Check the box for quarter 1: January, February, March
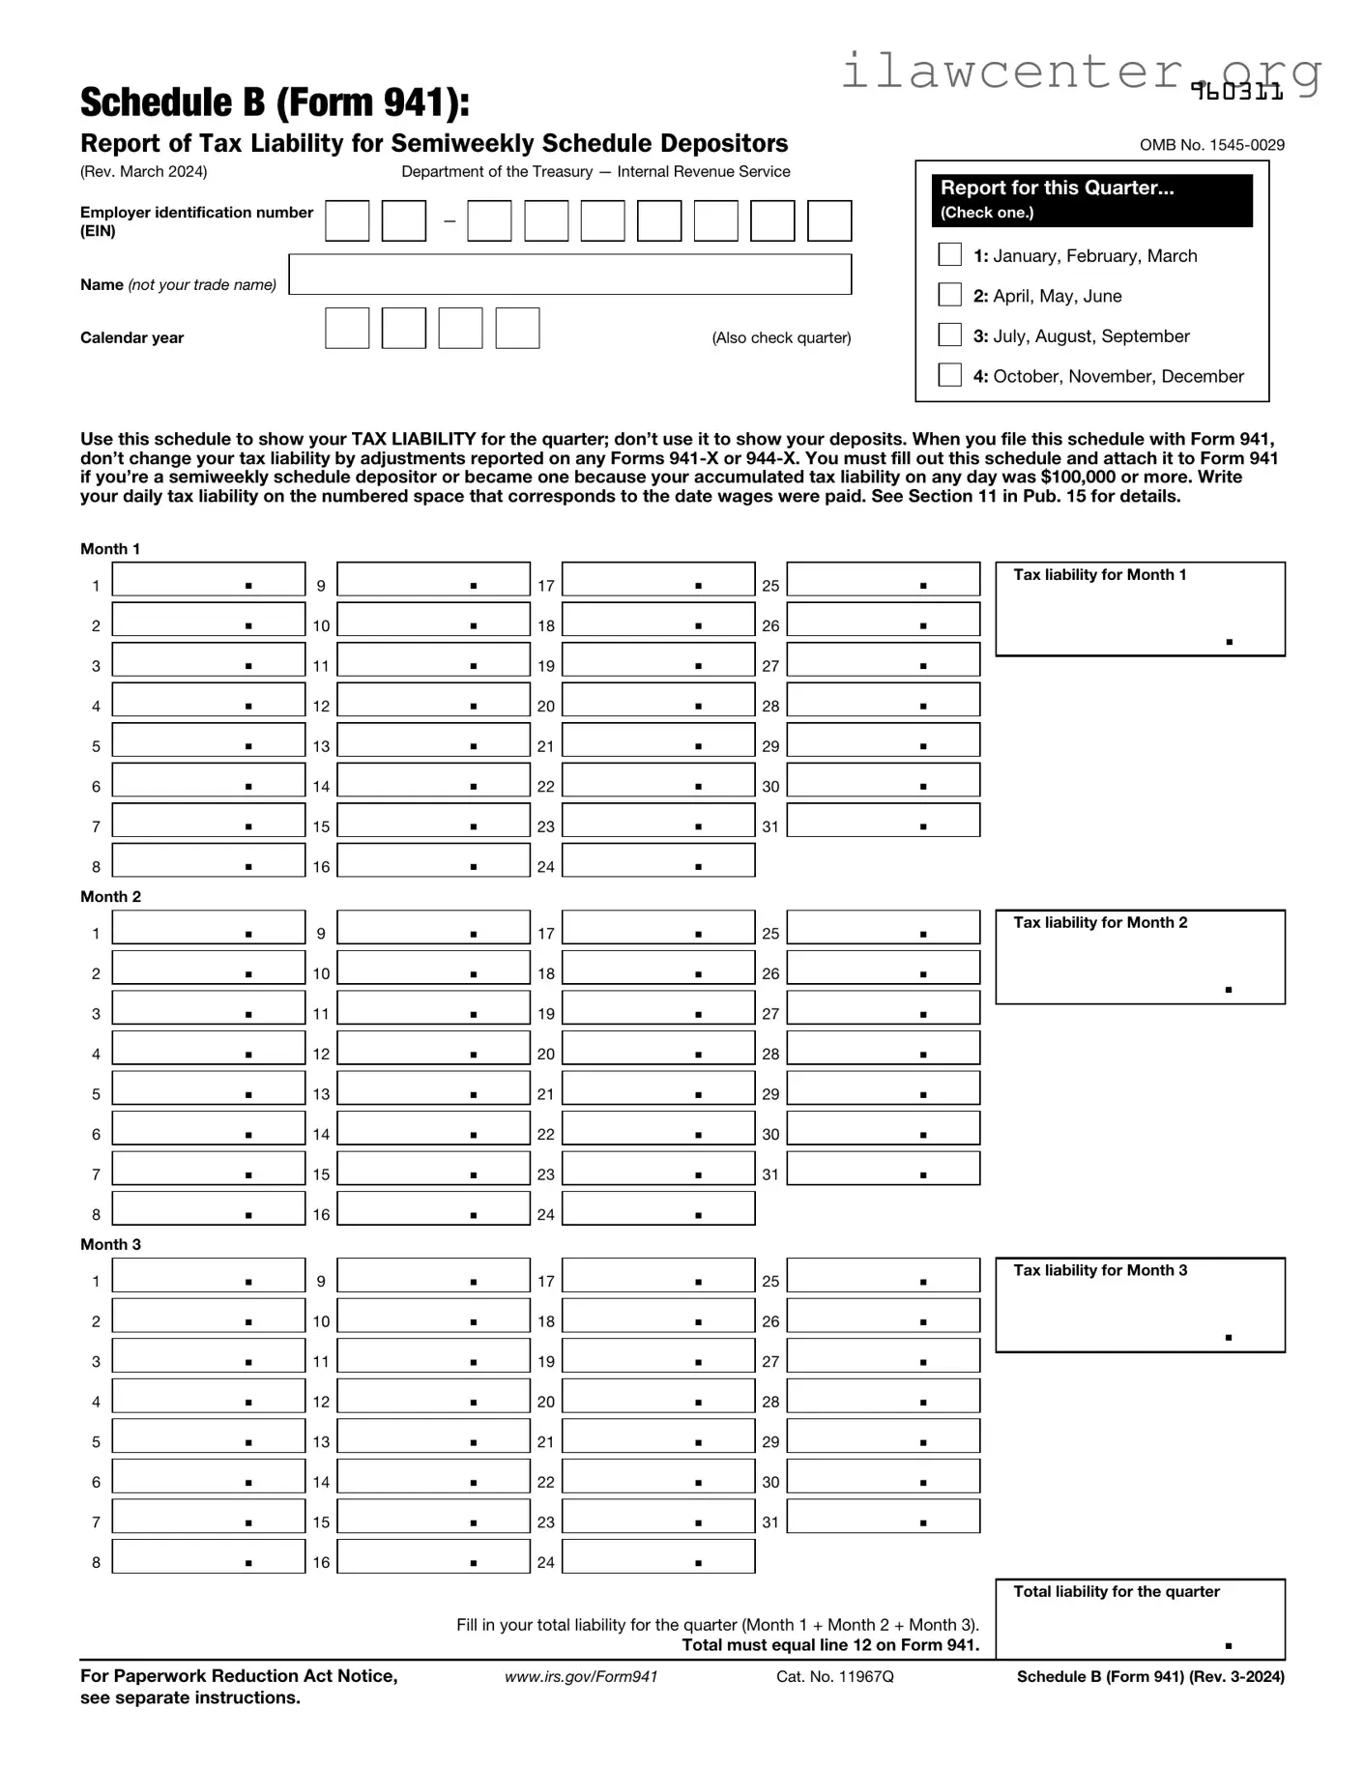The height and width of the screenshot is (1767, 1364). pyautogui.click(x=949, y=254)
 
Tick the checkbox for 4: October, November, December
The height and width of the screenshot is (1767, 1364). pyautogui.click(x=949, y=375)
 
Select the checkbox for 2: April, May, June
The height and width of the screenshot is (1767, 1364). pyautogui.click(x=949, y=295)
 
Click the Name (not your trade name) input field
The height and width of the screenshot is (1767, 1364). pyautogui.click(x=569, y=275)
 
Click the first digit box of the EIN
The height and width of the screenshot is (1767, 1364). pyautogui.click(x=347, y=220)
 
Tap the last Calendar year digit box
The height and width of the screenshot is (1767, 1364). pyautogui.click(x=517, y=329)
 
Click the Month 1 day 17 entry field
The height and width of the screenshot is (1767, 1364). pyautogui.click(x=657, y=580)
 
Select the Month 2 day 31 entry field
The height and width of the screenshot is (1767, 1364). pyautogui.click(x=883, y=1169)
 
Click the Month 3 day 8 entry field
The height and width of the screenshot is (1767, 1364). pyautogui.click(x=208, y=1556)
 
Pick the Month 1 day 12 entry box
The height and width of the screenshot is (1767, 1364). pyautogui.click(x=433, y=701)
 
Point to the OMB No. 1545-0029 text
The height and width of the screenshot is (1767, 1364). pyautogui.click(x=1211, y=145)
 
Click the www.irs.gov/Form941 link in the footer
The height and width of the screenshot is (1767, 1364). pyautogui.click(x=581, y=1676)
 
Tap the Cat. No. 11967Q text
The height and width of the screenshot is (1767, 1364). pyautogui.click(x=834, y=1676)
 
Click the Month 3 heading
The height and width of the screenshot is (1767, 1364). pyautogui.click(x=110, y=1244)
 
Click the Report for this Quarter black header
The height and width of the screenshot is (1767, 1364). pyautogui.click(x=1091, y=199)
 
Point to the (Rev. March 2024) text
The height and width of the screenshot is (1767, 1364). pyautogui.click(x=143, y=171)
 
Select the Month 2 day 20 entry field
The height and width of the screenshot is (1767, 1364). pyautogui.click(x=657, y=1049)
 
